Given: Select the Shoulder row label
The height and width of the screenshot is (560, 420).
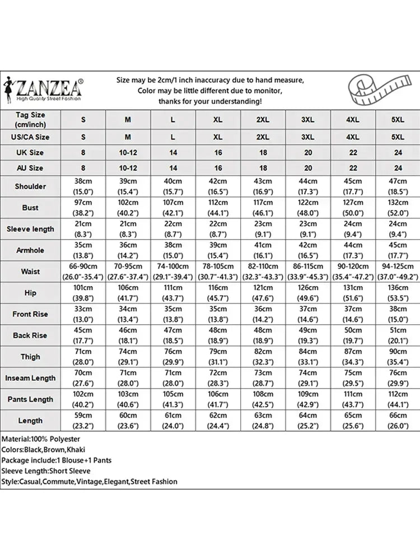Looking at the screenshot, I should [30, 186].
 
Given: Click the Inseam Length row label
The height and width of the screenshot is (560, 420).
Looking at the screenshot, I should [30, 378].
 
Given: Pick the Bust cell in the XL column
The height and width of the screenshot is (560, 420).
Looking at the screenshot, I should [218, 208].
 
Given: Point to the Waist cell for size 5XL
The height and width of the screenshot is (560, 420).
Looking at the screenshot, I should [398, 272].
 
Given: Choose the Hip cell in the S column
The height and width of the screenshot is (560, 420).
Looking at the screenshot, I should [83, 293].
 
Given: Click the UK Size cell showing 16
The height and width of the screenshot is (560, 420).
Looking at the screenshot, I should [218, 152].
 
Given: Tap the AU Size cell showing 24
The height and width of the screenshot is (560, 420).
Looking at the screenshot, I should [398, 168].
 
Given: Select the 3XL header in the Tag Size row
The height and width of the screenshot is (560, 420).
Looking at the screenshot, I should [308, 120].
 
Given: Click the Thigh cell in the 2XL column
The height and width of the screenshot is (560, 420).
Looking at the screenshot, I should [263, 357].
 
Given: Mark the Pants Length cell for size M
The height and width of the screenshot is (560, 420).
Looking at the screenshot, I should [128, 399].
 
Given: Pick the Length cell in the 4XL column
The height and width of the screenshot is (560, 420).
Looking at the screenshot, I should [353, 421].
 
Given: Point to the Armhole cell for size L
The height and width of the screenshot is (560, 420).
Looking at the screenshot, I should [173, 250].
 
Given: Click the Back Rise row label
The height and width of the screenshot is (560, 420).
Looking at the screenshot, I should [30, 335].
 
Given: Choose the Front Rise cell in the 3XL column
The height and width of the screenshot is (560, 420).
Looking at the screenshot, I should [308, 314].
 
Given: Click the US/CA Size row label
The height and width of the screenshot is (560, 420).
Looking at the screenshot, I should [30, 137].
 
